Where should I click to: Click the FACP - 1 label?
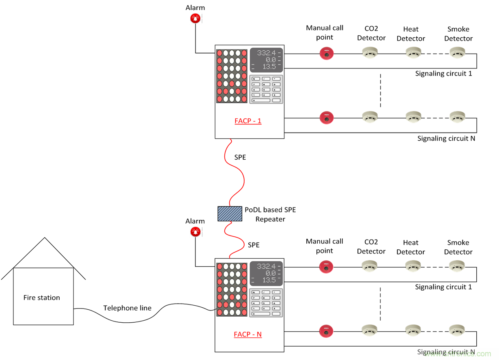pos(248,121)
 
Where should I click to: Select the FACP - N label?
pos(248,334)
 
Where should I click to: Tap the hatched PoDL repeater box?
pos(230,214)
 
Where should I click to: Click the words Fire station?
pos(42,298)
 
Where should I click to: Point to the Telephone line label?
pos(127,308)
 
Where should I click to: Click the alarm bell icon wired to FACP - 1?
pos(196,19)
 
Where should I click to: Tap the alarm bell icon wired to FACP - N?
pos(196,232)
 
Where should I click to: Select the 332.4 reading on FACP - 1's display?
pos(266,53)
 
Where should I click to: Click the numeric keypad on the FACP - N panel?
pos(266,303)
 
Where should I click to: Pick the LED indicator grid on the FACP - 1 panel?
pos(232,76)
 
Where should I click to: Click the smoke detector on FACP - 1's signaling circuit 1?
pos(458,53)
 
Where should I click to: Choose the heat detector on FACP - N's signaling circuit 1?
pos(413,266)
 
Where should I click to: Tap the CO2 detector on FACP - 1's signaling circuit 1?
pos(370,53)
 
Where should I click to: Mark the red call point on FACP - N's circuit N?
pos(326,331)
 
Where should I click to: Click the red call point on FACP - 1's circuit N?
pos(326,118)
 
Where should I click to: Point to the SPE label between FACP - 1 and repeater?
pos(240,157)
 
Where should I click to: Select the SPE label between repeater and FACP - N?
pos(254,245)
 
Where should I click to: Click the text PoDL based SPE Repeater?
pos(270,214)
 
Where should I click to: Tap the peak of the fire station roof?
pos(44,238)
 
